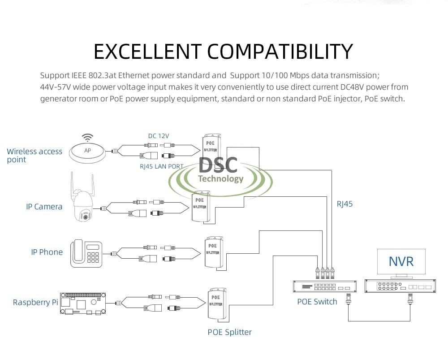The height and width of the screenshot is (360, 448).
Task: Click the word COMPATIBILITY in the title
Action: click(280, 52)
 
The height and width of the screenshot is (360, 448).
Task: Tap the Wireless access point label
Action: click(34, 155)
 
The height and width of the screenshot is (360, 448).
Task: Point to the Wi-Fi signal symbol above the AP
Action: click(88, 138)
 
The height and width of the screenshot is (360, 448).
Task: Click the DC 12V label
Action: click(159, 136)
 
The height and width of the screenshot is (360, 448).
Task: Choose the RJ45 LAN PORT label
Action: click(162, 166)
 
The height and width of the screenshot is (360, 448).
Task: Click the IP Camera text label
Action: click(44, 207)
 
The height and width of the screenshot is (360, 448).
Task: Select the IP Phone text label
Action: click(47, 252)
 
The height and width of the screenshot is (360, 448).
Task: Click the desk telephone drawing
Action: click(87, 254)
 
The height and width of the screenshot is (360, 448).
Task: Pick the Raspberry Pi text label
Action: click(36, 302)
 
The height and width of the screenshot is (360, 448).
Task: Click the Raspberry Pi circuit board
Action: click(83, 303)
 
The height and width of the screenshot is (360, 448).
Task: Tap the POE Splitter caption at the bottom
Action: click(229, 332)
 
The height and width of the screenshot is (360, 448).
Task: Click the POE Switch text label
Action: click(317, 302)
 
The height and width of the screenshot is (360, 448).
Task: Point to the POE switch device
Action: click(320, 286)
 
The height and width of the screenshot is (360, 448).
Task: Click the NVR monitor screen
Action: click(401, 261)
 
